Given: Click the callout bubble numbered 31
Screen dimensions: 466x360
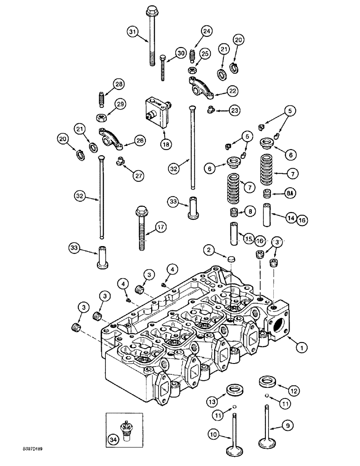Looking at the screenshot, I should pos(132,31).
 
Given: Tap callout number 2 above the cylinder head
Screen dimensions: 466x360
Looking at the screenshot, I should pos(209,251).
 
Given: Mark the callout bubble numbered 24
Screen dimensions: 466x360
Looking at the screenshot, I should pos(206,32).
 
